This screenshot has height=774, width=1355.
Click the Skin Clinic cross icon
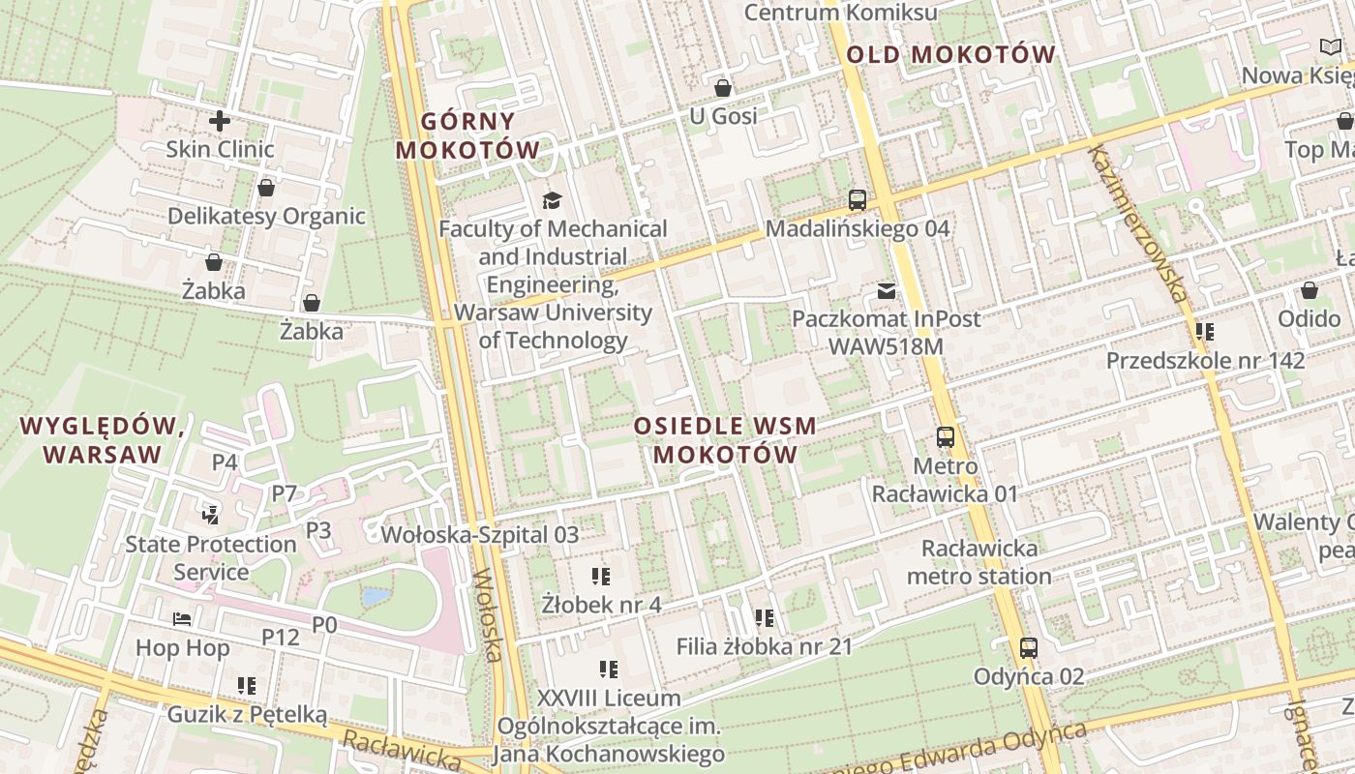[220, 121]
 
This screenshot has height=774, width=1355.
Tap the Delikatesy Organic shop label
[266, 216]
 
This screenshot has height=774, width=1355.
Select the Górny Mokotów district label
[467, 135]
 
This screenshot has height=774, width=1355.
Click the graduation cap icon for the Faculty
[552, 200]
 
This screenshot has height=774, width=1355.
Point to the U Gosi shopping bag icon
[722, 89]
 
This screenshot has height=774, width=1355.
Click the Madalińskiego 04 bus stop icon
[857, 200]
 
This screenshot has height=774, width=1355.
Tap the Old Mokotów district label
[949, 55]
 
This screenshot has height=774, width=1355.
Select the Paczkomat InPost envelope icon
[886, 290]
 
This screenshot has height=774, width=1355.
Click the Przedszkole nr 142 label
[1205, 361]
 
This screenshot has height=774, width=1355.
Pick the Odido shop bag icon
[1309, 290]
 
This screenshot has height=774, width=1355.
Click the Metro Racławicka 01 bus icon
[945, 437]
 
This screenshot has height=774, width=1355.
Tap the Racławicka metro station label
[979, 562]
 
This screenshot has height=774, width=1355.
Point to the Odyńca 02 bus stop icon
[1028, 648]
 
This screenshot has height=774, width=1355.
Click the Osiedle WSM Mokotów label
[725, 440]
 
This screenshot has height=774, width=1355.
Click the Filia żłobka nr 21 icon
[764, 617]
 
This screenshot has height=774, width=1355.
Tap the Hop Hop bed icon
[182, 619]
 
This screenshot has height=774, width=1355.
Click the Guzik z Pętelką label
[247, 715]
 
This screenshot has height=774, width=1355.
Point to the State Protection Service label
[210, 557]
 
